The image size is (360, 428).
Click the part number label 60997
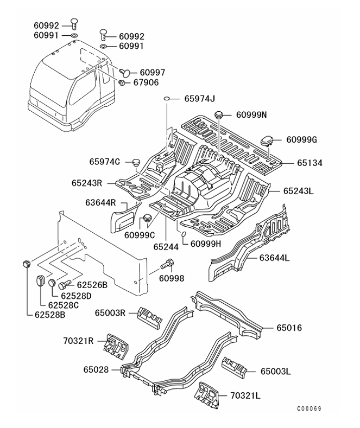(153, 72)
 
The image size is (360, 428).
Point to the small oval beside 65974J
(169, 99)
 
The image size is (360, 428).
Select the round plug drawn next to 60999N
(219, 114)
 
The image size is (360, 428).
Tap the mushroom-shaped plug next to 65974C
(136, 161)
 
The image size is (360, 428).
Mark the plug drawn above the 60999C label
(146, 219)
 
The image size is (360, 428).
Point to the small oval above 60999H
(184, 234)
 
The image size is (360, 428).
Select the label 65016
(288, 328)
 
